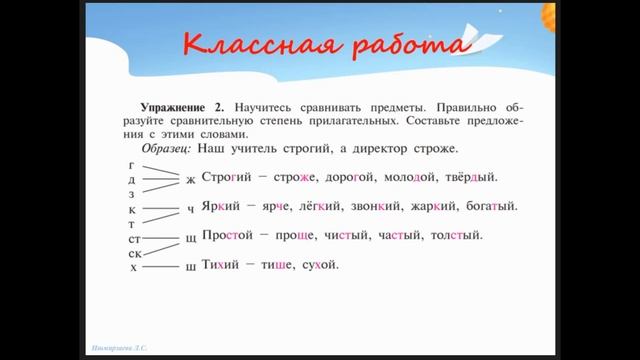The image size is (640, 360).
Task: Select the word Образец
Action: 165,148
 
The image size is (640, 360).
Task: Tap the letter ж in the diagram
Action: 190,180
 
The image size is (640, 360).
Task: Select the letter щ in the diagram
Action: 190,238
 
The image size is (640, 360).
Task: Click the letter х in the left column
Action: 132,267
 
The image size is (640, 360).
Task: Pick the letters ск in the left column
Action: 133,253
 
